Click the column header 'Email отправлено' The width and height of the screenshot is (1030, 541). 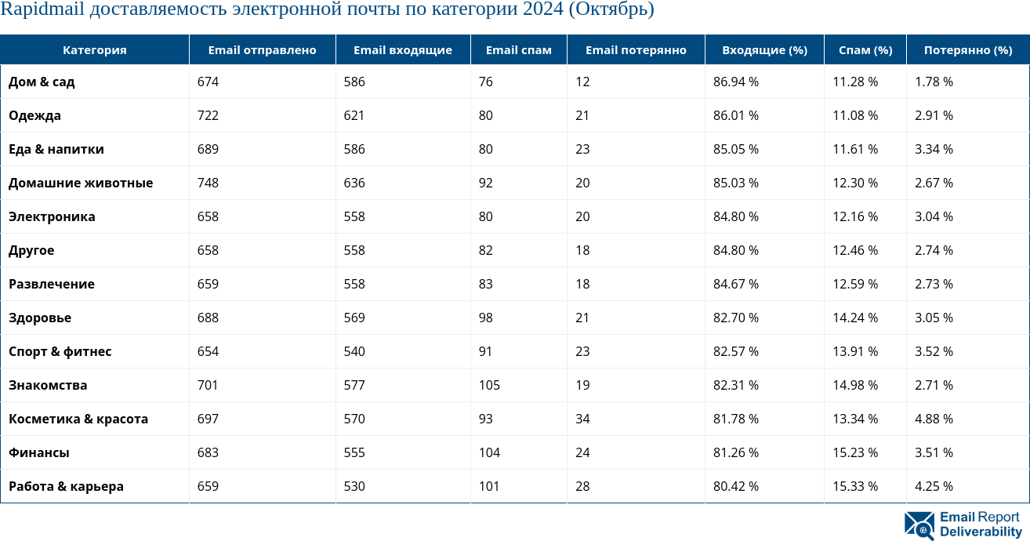tap(262, 50)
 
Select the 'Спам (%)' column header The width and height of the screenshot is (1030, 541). tap(865, 50)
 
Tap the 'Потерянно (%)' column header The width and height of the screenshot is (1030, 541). tap(967, 50)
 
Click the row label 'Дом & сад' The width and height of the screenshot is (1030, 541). tap(42, 82)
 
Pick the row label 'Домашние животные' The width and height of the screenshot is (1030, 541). tap(81, 183)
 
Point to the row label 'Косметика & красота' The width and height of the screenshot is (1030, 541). tap(78, 419)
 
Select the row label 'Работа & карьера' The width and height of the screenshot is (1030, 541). tap(66, 486)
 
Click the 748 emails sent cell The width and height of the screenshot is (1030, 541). tap(208, 183)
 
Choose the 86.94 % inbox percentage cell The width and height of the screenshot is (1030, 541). tap(735, 82)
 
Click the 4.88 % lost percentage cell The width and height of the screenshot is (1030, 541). tap(934, 419)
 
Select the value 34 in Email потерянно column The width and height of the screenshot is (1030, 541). tap(582, 419)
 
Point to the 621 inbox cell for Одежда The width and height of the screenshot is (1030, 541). tap(354, 115)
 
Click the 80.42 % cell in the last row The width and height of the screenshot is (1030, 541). tap(735, 486)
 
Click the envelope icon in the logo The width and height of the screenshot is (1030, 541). tap(919, 525)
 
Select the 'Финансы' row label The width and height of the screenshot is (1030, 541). tap(39, 452)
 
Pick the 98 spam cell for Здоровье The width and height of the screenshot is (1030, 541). tap(486, 318)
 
